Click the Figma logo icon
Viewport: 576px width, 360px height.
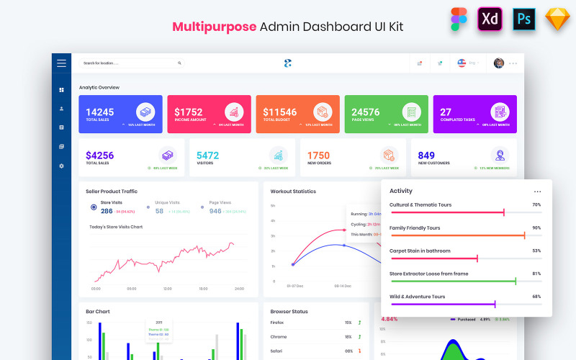(459, 19)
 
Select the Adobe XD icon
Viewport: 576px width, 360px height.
(490, 19)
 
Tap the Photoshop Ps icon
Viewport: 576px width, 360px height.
(523, 19)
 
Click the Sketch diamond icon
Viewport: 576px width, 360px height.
(557, 19)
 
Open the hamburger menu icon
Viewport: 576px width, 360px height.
(61, 63)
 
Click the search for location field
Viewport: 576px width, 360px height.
(130, 63)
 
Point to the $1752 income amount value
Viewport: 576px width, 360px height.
(189, 112)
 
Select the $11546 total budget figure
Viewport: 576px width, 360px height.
(279, 112)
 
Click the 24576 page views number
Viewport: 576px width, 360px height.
(365, 112)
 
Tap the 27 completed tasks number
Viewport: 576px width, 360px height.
(446, 112)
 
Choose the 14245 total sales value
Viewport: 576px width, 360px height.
(99, 112)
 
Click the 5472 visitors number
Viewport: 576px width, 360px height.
(207, 156)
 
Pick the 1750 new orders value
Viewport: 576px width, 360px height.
(318, 156)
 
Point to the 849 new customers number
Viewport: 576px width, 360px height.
(426, 156)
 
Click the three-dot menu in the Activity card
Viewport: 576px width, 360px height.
(537, 192)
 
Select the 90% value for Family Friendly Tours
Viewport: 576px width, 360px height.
(536, 228)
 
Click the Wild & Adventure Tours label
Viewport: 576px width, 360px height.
(417, 296)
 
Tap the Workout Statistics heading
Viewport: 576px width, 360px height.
(293, 192)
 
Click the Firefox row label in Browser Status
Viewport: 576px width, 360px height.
(278, 323)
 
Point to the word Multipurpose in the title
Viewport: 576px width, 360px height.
(214, 26)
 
